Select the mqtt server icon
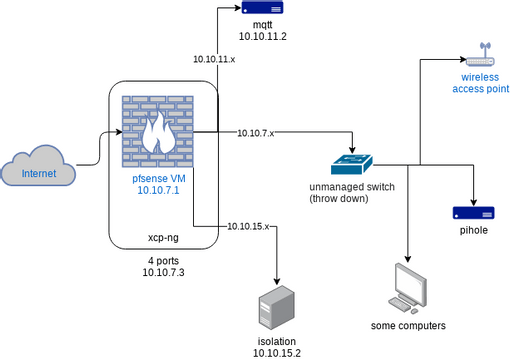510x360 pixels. [x=262, y=8]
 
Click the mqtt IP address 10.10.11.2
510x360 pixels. [x=262, y=36]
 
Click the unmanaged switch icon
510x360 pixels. [x=352, y=162]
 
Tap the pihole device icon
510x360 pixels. [x=473, y=212]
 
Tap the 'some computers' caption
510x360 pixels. [x=408, y=326]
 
